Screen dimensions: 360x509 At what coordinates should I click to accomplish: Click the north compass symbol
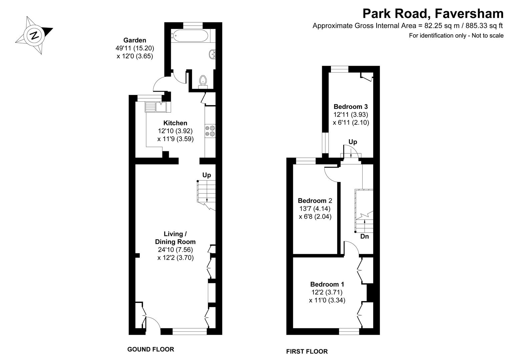pyautogui.click(x=34, y=35)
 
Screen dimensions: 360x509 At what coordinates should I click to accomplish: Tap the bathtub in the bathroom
pyautogui.click(x=189, y=35)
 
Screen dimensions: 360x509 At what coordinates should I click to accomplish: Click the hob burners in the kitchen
pyautogui.click(x=210, y=131)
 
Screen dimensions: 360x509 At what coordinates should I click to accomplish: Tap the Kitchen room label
pyautogui.click(x=175, y=123)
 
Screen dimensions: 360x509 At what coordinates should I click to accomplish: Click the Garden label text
pyautogui.click(x=135, y=40)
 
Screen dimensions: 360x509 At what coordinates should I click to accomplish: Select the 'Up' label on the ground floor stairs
pyautogui.click(x=206, y=175)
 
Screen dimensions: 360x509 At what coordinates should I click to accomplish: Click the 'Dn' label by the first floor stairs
pyautogui.click(x=365, y=236)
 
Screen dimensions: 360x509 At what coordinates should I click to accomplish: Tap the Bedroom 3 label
pyautogui.click(x=351, y=107)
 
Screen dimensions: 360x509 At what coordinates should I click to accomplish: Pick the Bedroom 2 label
pyautogui.click(x=315, y=201)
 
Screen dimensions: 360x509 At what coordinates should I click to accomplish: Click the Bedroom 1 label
pyautogui.click(x=327, y=284)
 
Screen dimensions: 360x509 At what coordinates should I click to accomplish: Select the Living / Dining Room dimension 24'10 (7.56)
pyautogui.click(x=175, y=250)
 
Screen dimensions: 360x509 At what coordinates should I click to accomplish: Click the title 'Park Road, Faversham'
pyautogui.click(x=433, y=14)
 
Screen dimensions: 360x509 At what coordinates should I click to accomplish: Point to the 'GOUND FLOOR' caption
pyautogui.click(x=150, y=349)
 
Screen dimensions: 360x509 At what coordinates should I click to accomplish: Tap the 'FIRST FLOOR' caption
pyautogui.click(x=307, y=351)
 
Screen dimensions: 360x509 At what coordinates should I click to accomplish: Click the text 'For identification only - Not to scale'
pyautogui.click(x=456, y=36)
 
